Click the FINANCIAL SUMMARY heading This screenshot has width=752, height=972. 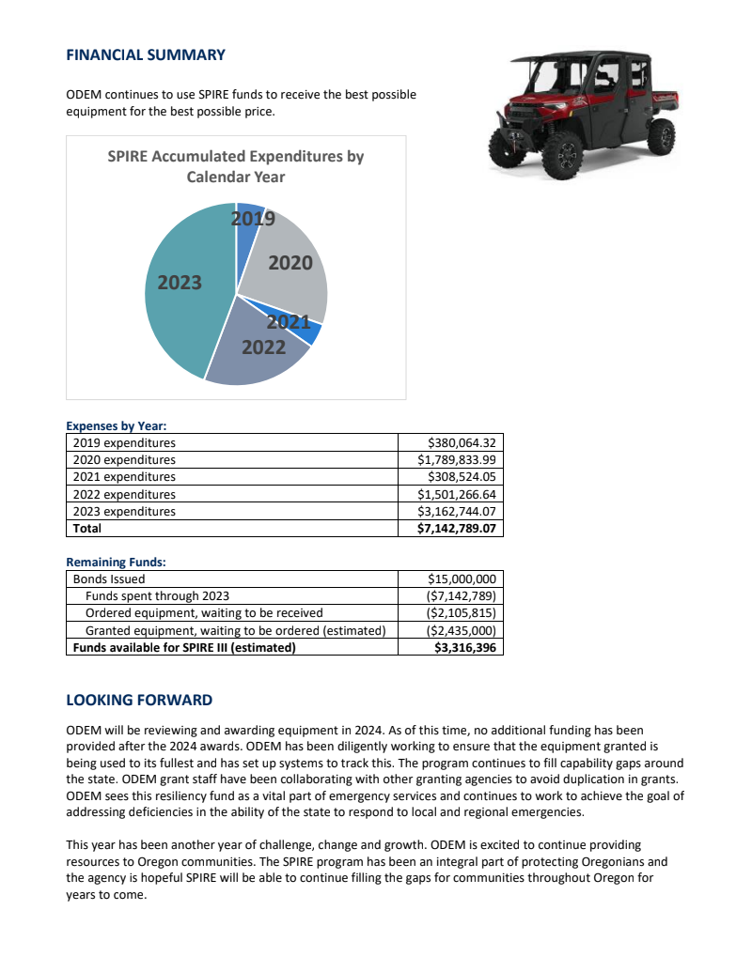[146, 54]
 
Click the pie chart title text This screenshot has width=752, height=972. [235, 166]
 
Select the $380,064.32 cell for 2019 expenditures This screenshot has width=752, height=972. [461, 442]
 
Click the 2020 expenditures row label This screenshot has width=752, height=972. [124, 460]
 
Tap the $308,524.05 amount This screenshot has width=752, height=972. [461, 477]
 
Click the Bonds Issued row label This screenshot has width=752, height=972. [109, 579]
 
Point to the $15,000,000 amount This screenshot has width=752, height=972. [462, 579]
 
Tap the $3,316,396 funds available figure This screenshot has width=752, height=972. [465, 648]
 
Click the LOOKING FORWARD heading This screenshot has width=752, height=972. [139, 701]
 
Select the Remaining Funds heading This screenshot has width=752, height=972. [116, 562]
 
